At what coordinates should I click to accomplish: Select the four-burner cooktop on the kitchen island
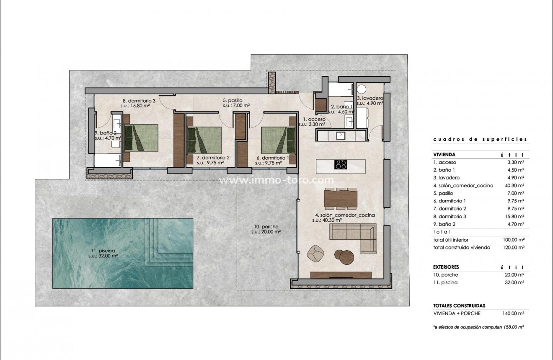[341, 165]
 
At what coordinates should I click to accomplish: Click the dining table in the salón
[341, 198]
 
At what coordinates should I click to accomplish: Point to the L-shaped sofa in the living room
[354, 237]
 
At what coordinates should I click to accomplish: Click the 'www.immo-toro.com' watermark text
[277, 181]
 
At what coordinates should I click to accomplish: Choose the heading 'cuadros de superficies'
[480, 140]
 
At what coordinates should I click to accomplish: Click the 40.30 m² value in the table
[515, 185]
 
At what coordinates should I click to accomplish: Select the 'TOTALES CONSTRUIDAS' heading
[459, 306]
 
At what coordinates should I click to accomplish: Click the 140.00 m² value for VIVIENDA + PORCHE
[513, 313]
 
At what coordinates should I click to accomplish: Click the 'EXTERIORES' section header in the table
[446, 267]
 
